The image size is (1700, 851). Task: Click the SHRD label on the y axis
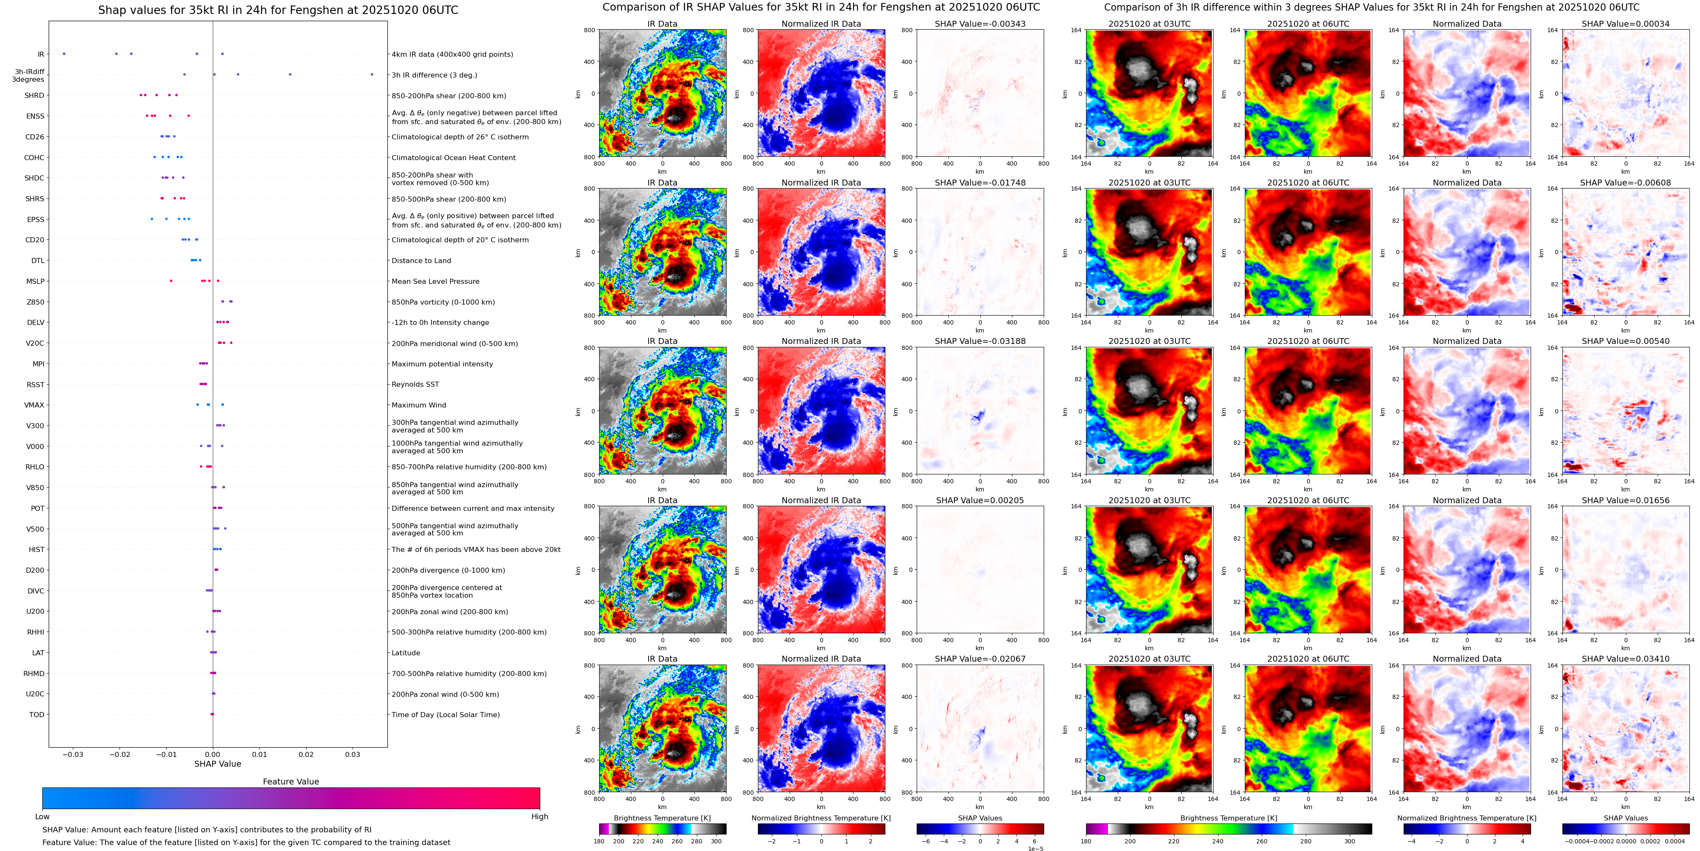click(x=34, y=96)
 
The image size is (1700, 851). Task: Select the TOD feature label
click(x=36, y=714)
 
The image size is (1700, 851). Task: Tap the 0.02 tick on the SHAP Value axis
click(x=306, y=754)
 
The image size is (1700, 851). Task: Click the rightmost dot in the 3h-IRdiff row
click(x=372, y=75)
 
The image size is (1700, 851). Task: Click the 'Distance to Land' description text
click(x=421, y=261)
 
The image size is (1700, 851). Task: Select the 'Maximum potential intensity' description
click(x=442, y=364)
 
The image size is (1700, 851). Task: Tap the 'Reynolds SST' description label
click(x=415, y=384)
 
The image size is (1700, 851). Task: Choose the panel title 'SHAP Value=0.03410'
click(x=1625, y=659)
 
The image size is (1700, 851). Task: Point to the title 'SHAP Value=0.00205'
click(x=980, y=500)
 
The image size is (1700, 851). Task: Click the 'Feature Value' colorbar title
click(x=290, y=782)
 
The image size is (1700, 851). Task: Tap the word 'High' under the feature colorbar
click(x=540, y=817)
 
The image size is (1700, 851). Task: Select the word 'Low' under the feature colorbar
click(x=42, y=817)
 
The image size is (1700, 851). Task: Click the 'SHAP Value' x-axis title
click(x=218, y=764)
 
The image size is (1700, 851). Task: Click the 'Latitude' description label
click(x=406, y=653)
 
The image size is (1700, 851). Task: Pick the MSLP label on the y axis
click(x=35, y=281)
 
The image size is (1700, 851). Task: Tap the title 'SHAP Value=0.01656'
click(x=1625, y=500)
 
